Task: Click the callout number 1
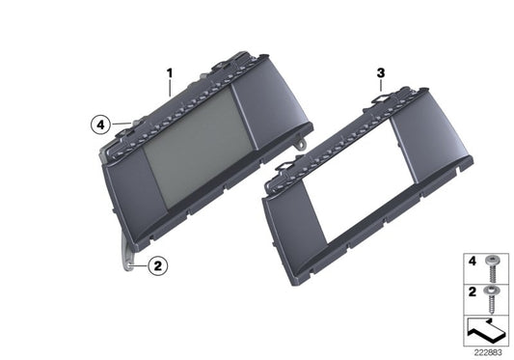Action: tap(170, 71)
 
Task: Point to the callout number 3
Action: tap(381, 72)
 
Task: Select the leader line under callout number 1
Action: tap(171, 87)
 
